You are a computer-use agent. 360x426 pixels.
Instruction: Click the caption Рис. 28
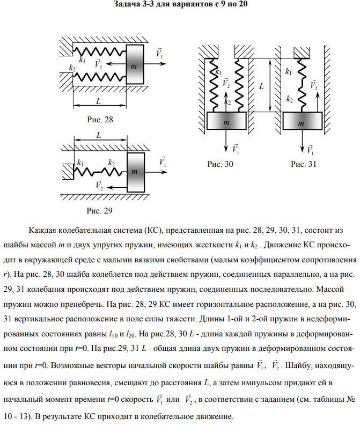(x=100, y=119)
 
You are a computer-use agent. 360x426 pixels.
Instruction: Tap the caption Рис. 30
(x=219, y=165)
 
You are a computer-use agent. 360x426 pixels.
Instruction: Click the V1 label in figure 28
(x=159, y=54)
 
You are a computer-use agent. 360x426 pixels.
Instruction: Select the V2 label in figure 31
(x=313, y=85)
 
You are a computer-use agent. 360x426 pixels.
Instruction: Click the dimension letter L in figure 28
(x=98, y=101)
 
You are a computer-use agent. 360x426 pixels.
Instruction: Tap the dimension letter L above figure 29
(x=99, y=136)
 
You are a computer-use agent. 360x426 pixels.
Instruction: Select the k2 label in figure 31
(x=290, y=99)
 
